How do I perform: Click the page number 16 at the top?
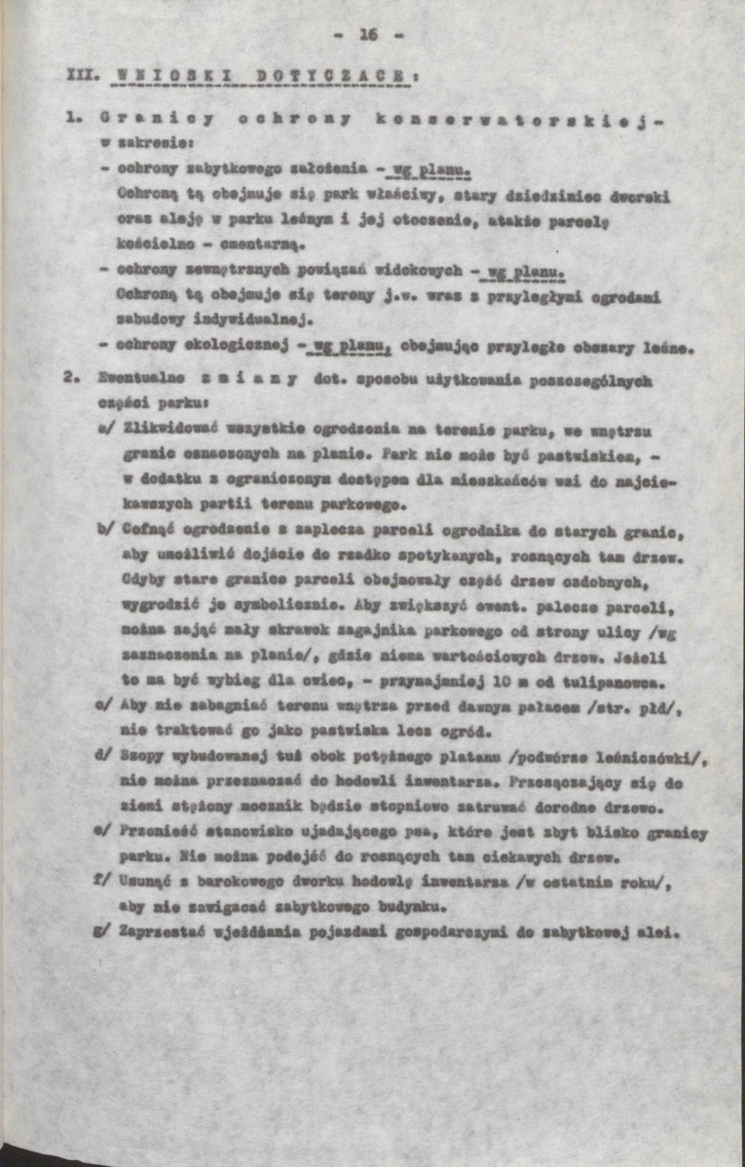(367, 35)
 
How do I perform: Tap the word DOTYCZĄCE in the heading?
(315, 74)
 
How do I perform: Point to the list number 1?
(72, 118)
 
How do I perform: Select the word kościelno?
(148, 240)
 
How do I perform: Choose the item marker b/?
(106, 531)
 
